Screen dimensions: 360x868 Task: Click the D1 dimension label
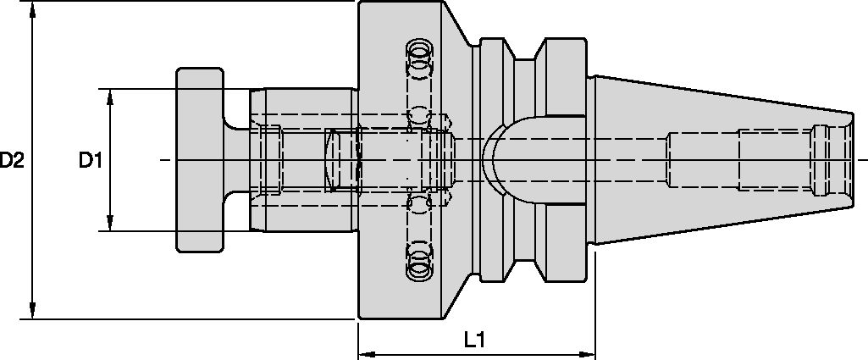click(91, 160)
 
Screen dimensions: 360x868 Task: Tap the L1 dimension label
click(474, 341)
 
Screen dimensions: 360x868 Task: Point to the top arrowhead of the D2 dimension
click(33, 8)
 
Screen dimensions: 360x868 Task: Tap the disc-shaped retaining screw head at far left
click(200, 159)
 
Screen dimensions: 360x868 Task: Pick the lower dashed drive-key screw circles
click(417, 263)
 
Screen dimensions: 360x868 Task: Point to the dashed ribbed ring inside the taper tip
click(820, 160)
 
